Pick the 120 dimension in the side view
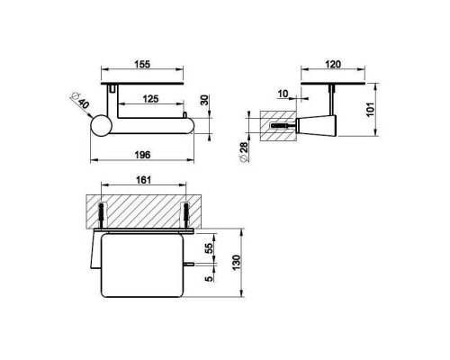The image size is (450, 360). point(331,66)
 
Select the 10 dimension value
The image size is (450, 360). point(283,94)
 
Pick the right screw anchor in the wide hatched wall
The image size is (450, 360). point(185,215)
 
